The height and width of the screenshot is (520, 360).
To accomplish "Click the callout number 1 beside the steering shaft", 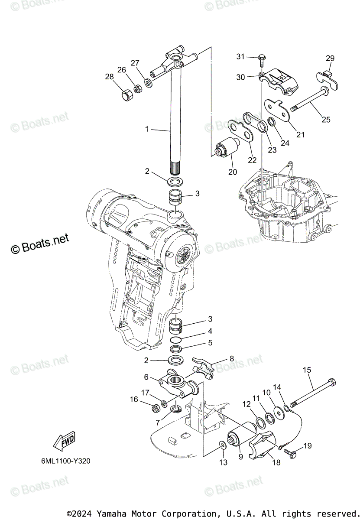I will [x=146, y=129].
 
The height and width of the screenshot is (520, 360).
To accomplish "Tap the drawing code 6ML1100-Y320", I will [x=63, y=461].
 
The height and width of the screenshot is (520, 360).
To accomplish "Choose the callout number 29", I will [x=330, y=58].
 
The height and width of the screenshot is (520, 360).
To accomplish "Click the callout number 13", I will [x=223, y=462].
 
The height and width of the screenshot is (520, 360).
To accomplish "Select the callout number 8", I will [x=232, y=358].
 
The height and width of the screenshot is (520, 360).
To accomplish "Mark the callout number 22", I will [x=252, y=160].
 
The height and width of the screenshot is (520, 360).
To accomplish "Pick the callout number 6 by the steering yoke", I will [x=146, y=377].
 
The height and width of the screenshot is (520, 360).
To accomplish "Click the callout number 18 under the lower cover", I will [x=276, y=462].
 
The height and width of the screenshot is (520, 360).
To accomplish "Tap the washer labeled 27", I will [x=148, y=82].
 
